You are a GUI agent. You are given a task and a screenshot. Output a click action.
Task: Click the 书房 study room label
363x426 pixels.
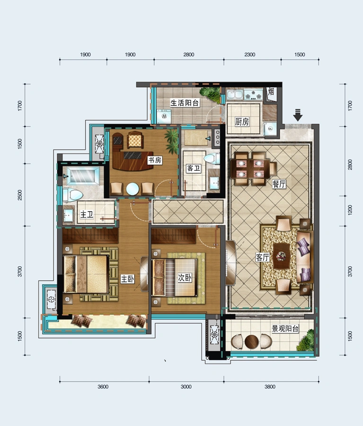[155, 160]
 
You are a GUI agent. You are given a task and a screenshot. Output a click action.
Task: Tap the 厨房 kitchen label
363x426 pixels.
[242, 122]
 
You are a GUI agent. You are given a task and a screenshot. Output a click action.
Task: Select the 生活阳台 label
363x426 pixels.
[185, 103]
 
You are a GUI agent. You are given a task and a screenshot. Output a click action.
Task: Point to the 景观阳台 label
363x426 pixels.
[285, 329]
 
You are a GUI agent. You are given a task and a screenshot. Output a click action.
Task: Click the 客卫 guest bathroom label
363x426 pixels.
[194, 168]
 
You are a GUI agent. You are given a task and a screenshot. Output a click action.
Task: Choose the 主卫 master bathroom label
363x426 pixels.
[87, 214]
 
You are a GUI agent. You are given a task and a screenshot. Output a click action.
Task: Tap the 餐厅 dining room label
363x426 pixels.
[279, 184]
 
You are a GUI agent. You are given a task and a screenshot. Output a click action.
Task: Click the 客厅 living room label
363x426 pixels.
[263, 257]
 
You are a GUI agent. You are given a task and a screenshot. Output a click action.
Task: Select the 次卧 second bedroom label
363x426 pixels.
[185, 277]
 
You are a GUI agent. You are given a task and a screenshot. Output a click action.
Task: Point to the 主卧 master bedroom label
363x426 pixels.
[127, 279]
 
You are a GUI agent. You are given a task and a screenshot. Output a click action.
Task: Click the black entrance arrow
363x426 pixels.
[298, 115]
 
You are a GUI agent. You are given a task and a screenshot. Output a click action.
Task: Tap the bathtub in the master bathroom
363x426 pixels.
[83, 176]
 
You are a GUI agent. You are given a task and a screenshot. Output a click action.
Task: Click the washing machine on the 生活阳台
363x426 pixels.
[164, 116]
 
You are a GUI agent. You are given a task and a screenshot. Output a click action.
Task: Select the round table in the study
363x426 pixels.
[133, 189]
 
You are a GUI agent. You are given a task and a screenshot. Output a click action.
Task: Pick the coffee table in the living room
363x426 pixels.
[282, 256]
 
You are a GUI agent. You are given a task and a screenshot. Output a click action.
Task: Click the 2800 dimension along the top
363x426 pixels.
[188, 54]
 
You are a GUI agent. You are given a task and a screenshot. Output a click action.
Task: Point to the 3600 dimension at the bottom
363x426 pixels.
[103, 387]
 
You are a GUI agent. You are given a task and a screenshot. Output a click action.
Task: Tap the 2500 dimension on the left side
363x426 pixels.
[20, 195]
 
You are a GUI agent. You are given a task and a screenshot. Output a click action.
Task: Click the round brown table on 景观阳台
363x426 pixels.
[251, 342]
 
